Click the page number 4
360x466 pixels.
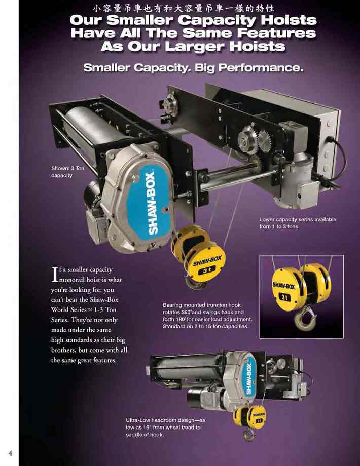(11, 453)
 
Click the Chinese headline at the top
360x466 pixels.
(184, 8)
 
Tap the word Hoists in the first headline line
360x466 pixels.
(289, 20)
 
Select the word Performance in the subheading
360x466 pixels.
(261, 68)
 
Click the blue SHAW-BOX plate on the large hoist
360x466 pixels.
(150, 203)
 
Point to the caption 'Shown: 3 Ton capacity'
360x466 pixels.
(67, 172)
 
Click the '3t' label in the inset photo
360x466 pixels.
(285, 297)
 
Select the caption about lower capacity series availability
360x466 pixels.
(298, 223)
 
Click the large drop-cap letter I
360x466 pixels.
(55, 274)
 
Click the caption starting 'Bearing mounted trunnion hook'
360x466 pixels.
(207, 316)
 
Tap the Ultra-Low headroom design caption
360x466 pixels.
(166, 428)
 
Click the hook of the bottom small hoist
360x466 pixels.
(249, 435)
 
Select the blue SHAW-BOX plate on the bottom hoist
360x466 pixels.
(249, 378)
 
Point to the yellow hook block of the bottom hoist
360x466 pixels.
(250, 416)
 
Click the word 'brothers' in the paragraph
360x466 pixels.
(63, 350)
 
